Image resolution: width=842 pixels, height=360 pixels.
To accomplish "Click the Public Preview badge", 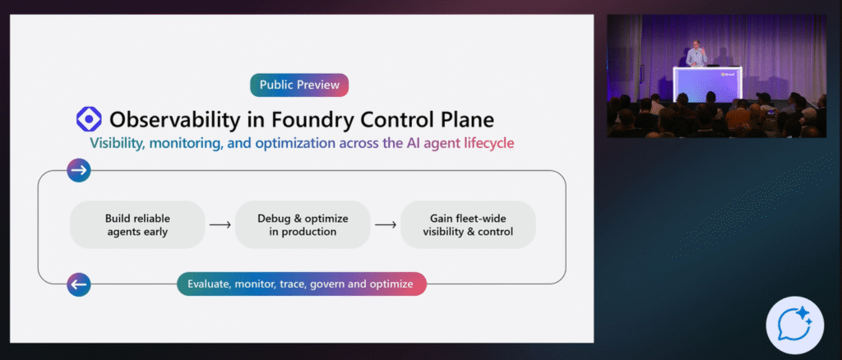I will (x=299, y=85).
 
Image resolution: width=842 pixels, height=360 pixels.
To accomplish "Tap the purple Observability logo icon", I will (x=89, y=119).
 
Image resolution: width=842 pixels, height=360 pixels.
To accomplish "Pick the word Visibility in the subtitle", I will (x=120, y=143).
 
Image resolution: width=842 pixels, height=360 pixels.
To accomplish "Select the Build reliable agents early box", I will (x=136, y=224).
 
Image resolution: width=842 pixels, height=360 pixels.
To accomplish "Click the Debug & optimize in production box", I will (x=303, y=224).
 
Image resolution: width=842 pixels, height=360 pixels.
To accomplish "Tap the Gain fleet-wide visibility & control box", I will (x=469, y=224).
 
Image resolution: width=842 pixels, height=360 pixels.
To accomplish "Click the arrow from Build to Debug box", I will (x=220, y=224).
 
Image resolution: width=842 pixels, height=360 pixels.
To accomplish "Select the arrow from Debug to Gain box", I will (x=385, y=224).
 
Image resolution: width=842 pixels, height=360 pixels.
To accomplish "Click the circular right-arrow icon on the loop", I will (x=79, y=170).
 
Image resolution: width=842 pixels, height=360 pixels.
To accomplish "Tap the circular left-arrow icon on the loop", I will (x=79, y=284).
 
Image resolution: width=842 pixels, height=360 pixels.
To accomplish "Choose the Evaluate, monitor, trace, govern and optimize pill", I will (x=302, y=284).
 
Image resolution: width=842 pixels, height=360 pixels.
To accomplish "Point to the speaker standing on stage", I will (x=696, y=54).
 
